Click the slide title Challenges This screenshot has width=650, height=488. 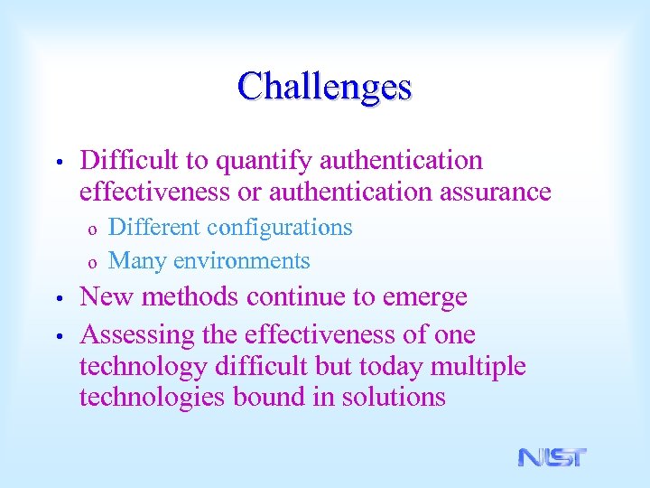pyautogui.click(x=325, y=87)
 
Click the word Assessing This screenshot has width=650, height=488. pyautogui.click(x=135, y=335)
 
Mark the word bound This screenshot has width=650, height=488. pyautogui.click(x=270, y=398)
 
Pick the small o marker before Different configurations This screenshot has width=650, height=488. pyautogui.click(x=91, y=230)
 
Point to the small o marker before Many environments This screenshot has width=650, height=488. pyautogui.click(x=91, y=263)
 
